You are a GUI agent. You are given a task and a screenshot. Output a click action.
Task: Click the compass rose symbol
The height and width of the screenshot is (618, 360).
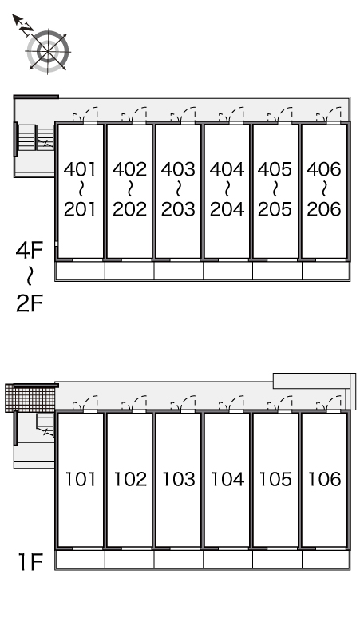pyautogui.click(x=48, y=51)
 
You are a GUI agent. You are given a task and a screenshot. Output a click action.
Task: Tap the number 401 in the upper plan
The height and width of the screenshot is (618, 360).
pyautogui.click(x=80, y=169)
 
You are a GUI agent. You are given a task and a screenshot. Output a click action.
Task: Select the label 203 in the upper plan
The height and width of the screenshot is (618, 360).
pyautogui.click(x=178, y=209)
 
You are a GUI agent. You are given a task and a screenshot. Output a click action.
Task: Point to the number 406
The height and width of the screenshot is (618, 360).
pyautogui.click(x=324, y=169)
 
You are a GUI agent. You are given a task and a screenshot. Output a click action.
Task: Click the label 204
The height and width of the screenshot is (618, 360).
pyautogui.click(x=227, y=209)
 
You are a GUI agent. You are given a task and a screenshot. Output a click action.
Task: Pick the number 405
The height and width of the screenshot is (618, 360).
pyautogui.click(x=275, y=169)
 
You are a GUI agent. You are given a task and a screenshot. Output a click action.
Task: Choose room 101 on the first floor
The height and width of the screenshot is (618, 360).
pyautogui.click(x=81, y=479)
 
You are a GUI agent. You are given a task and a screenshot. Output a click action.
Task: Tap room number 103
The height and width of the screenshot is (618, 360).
pyautogui.click(x=179, y=479)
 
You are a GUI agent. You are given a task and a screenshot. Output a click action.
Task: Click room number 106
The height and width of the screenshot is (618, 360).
pyautogui.click(x=324, y=479)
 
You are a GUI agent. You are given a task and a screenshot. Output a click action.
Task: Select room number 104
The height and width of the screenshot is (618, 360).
pyautogui.click(x=227, y=479)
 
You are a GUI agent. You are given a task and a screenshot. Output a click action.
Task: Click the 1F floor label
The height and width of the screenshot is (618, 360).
pyautogui.click(x=30, y=562)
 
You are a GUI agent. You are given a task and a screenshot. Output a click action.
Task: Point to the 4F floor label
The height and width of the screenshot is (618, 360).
pyautogui.click(x=29, y=250)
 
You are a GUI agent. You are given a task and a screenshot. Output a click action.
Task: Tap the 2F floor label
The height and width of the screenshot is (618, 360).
pyautogui.click(x=29, y=303)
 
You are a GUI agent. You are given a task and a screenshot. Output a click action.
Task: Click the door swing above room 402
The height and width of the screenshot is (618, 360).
pyautogui.click(x=134, y=114)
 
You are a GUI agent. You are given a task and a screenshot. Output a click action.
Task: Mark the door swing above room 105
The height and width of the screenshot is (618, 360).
pyautogui.click(x=280, y=402)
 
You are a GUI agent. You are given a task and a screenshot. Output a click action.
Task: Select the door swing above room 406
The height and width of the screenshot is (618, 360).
pyautogui.click(x=329, y=114)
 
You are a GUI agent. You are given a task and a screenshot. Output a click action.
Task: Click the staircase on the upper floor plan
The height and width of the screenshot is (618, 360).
pyautogui.click(x=36, y=137)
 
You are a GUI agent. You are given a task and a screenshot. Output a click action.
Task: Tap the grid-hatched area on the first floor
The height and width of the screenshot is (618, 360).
pyautogui.click(x=30, y=398)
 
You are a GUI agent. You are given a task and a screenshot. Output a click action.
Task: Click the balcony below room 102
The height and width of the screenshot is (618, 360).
pyautogui.click(x=129, y=560)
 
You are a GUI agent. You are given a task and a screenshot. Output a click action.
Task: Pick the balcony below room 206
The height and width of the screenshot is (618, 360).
pyautogui.click(x=326, y=271)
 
